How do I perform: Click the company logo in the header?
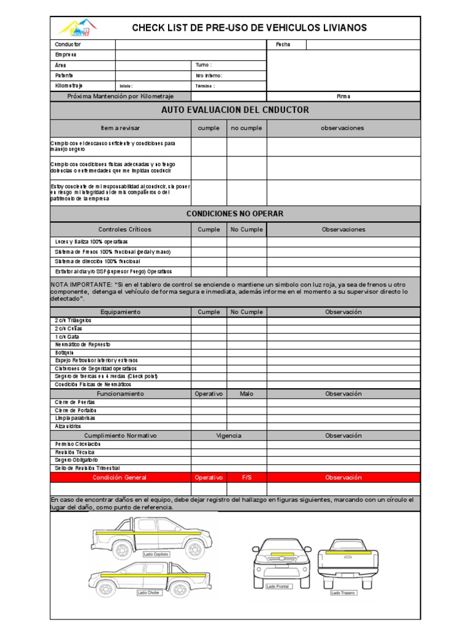point(77,28)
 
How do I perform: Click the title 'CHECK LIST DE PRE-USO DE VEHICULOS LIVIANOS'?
point(250,28)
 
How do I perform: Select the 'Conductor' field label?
point(67,45)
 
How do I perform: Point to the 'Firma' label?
point(343,96)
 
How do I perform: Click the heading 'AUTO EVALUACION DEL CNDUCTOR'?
point(235,110)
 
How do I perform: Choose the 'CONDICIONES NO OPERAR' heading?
point(235,213)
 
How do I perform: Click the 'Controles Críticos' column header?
point(124,229)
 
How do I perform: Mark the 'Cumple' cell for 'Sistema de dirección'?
point(209,261)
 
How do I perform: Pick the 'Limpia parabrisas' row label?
point(75,418)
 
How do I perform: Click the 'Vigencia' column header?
point(228,435)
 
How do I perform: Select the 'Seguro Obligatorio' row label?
point(77,460)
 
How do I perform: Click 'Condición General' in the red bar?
point(120,477)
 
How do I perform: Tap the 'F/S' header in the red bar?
point(247,477)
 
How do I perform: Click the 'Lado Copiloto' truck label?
point(156,554)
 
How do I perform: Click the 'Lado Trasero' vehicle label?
point(343,592)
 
